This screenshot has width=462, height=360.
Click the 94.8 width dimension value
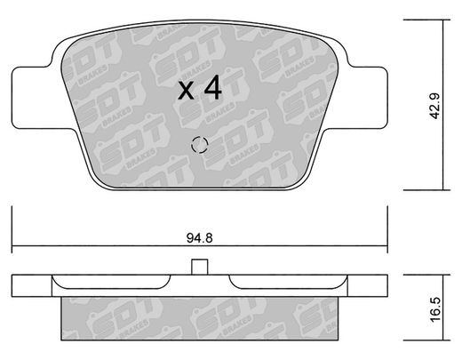(200, 238)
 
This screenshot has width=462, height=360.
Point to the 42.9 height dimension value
(435, 106)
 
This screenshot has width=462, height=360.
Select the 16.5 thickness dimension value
(435, 309)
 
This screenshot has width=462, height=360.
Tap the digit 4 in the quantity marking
(213, 87)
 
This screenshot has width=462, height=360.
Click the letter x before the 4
(186, 91)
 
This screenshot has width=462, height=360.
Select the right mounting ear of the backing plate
(362, 98)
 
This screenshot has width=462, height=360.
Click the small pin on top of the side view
(199, 267)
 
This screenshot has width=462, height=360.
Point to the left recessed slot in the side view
(111, 282)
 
